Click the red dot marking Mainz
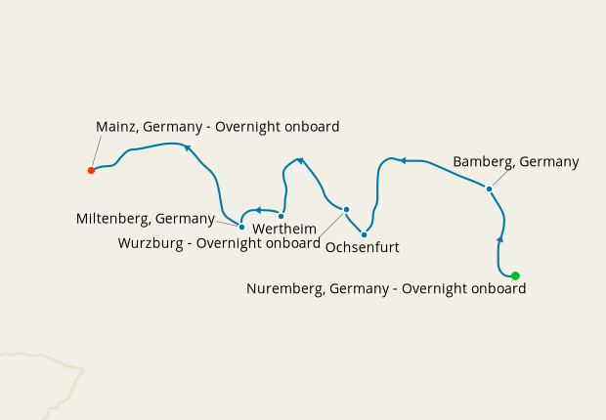(x=91, y=170)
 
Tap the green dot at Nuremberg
(x=515, y=275)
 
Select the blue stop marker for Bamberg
(x=489, y=189)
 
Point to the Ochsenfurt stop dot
(x=364, y=234)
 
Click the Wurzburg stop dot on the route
(x=346, y=209)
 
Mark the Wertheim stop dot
(x=281, y=216)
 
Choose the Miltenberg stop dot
(x=241, y=227)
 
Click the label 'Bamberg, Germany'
(x=516, y=162)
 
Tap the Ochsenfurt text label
(x=362, y=248)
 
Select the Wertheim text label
(x=284, y=229)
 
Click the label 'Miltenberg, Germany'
(x=146, y=219)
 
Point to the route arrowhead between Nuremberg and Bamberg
(x=500, y=238)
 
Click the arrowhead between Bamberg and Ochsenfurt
(x=400, y=159)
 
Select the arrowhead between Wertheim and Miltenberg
(x=257, y=209)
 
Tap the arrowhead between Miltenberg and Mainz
(x=188, y=147)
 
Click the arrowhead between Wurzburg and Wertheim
(x=300, y=159)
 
